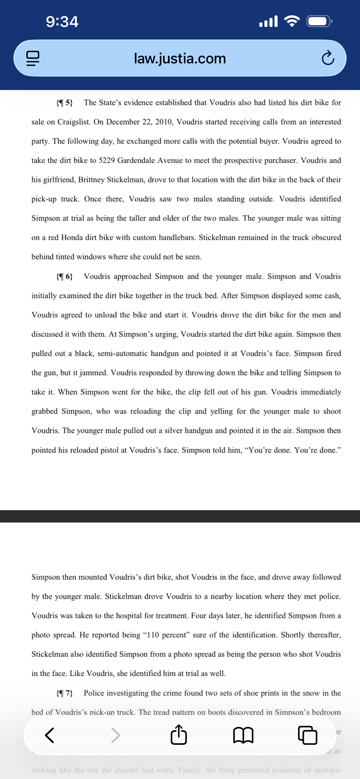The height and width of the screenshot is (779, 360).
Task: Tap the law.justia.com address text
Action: (180, 58)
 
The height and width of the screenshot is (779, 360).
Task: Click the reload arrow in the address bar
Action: (328, 58)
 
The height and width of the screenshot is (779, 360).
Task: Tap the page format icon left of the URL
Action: (33, 58)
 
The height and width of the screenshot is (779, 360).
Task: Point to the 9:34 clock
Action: (62, 22)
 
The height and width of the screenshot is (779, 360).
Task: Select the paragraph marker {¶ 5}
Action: (64, 103)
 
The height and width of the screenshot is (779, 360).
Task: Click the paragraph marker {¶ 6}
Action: (64, 276)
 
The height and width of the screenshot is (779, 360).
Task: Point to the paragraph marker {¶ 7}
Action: (64, 693)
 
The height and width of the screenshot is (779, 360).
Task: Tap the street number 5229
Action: (107, 160)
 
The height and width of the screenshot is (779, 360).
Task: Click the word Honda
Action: (72, 238)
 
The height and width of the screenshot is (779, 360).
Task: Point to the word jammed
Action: (93, 373)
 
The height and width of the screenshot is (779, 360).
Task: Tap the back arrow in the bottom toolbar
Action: (50, 735)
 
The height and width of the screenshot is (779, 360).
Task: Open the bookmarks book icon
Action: (243, 735)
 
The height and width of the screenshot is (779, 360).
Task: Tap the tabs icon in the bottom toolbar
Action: (307, 735)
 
